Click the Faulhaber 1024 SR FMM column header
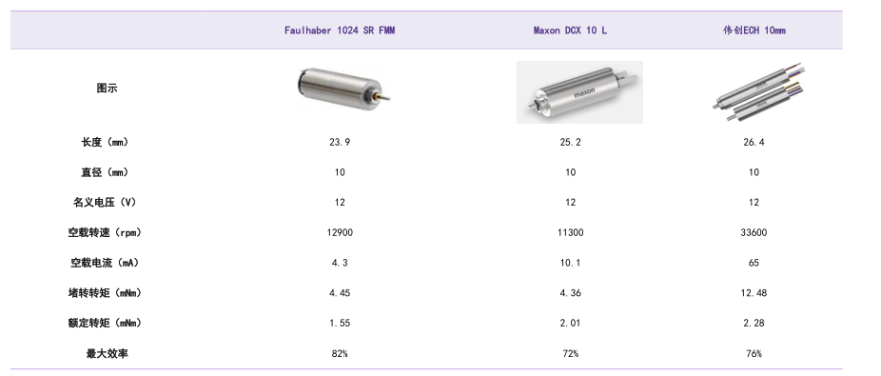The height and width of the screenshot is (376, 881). (x=340, y=30)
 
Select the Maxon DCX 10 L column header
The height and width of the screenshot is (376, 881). (x=570, y=30)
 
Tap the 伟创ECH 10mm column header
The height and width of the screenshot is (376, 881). (x=754, y=30)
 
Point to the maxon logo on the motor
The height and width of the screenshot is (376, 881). (x=584, y=93)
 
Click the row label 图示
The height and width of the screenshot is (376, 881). (x=107, y=89)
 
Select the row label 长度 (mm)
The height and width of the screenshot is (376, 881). (x=105, y=142)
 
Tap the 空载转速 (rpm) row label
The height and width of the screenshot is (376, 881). (x=105, y=232)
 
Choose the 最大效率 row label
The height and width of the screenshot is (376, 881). (x=107, y=353)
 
